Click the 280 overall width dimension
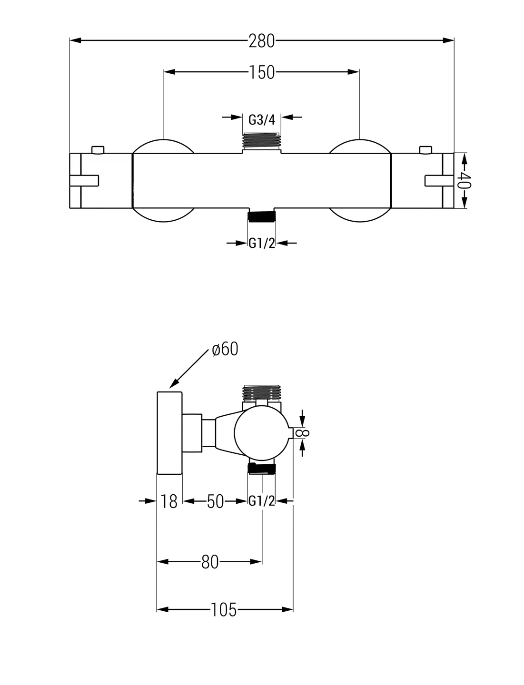tap(262, 41)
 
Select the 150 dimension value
tap(262, 72)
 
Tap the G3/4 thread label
tap(262, 119)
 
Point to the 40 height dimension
tap(464, 180)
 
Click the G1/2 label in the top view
tap(262, 243)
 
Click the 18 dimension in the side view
tap(169, 501)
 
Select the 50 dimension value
tap(215, 501)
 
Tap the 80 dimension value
tap(210, 562)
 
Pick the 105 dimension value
tap(224, 610)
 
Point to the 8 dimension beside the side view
tap(305, 433)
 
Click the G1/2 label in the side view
tap(262, 501)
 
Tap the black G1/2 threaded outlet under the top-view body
tap(262, 215)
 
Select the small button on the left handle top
tap(98, 150)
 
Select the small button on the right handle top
tap(425, 150)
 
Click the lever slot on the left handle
tap(84, 181)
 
